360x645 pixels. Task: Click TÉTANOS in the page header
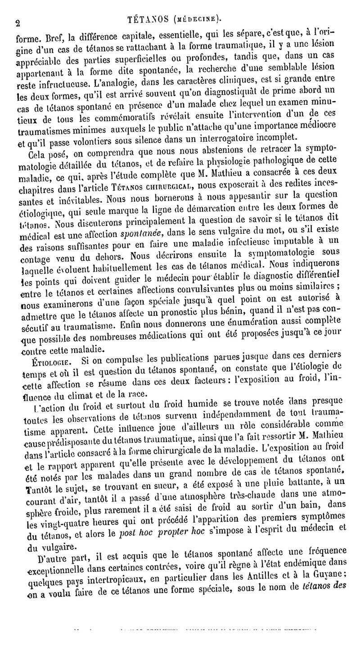144,19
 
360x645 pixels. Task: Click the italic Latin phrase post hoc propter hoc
149,536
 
